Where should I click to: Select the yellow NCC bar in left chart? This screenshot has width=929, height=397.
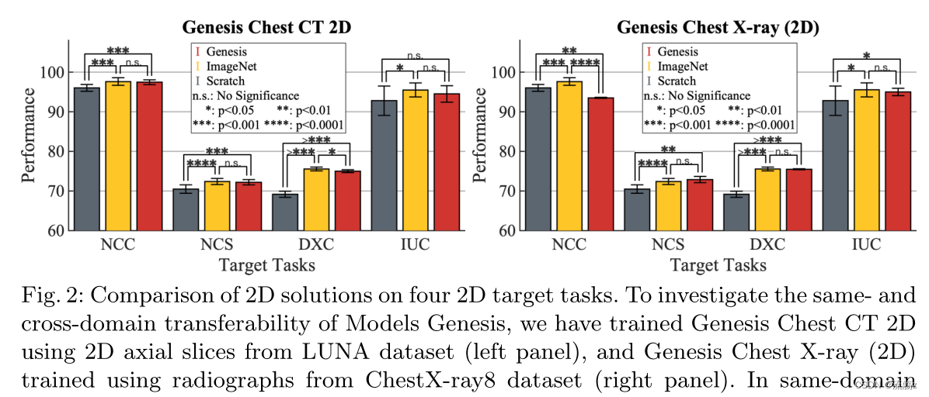pos(118,155)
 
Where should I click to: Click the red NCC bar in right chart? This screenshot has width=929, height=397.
pos(600,164)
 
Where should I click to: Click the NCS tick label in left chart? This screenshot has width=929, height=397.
pos(217,245)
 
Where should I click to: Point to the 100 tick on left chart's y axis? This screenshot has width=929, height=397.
pos(55,73)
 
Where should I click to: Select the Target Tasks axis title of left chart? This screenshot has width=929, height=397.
pos(266,265)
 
